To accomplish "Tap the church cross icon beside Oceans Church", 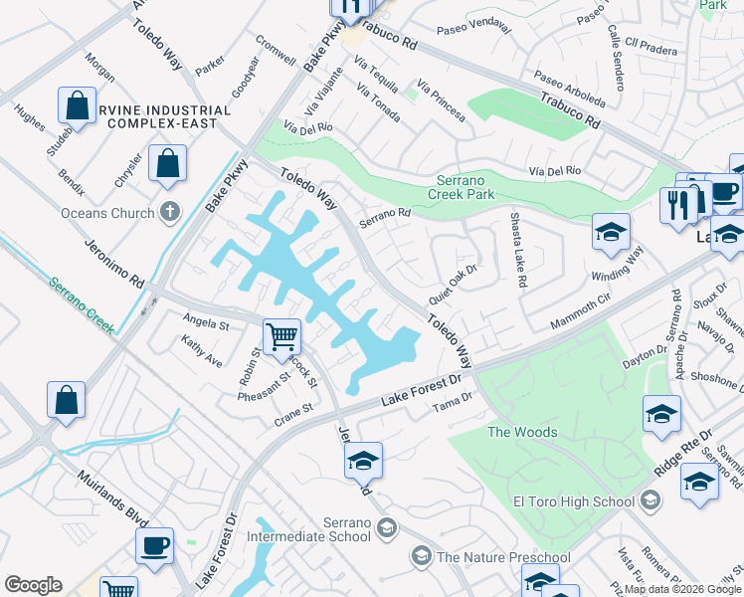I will pos(171,212).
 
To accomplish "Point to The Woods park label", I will pos(521,432).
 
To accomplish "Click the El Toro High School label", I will pos(572,501).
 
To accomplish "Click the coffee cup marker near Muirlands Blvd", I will pos(154,545).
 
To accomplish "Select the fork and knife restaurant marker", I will pos(677,205).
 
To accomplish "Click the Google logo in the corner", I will pos(33,585).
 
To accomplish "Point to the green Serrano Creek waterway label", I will pos(83,303).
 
